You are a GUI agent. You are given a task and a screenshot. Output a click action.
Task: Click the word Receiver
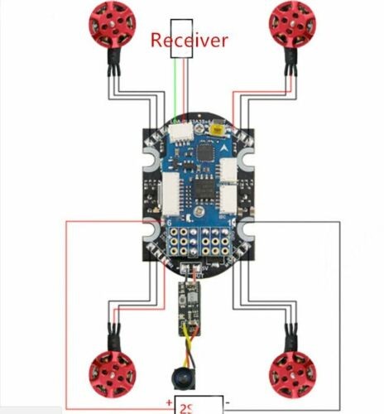189,40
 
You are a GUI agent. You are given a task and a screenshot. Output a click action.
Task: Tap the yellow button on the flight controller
218,128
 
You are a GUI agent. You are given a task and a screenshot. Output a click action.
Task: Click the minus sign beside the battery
228,403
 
